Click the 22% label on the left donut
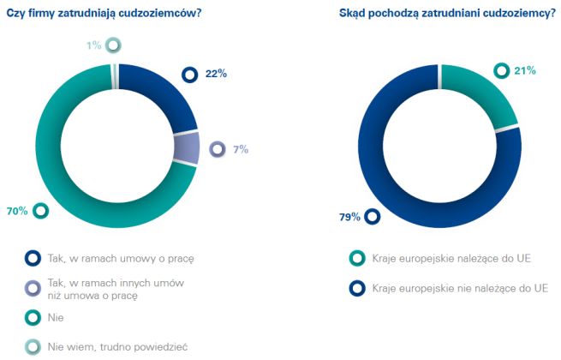tap(217, 75)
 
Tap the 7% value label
tap(241, 149)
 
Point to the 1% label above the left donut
tap(93, 45)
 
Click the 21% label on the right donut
tap(525, 70)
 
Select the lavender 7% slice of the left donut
tap(186, 147)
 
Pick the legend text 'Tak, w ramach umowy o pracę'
tap(116, 256)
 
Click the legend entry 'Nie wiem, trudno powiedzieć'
tap(117, 347)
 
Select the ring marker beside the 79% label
tap(373, 217)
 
